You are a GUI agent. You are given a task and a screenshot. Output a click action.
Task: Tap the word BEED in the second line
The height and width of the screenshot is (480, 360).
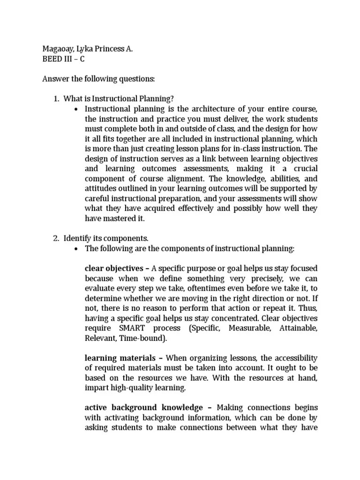[x=52, y=59]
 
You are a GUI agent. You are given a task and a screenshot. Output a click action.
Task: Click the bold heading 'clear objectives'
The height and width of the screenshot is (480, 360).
[x=114, y=269]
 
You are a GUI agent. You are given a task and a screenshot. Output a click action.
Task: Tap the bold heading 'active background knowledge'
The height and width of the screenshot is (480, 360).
[x=144, y=407]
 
